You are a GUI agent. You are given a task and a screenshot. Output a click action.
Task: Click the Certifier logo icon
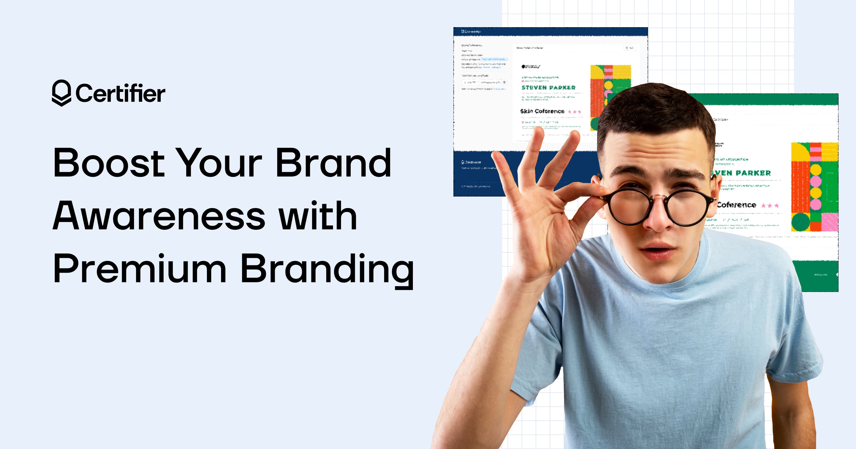coord(61,93)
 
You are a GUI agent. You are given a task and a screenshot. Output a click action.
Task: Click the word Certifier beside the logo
coord(120,93)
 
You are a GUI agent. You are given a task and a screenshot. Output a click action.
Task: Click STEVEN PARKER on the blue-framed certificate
coord(548,88)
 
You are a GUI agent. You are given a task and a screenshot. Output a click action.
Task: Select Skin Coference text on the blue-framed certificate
coord(542,111)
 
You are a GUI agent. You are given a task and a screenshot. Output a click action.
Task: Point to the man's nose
coord(656,219)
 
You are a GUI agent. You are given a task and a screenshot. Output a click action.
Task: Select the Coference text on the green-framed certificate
coord(736,205)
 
